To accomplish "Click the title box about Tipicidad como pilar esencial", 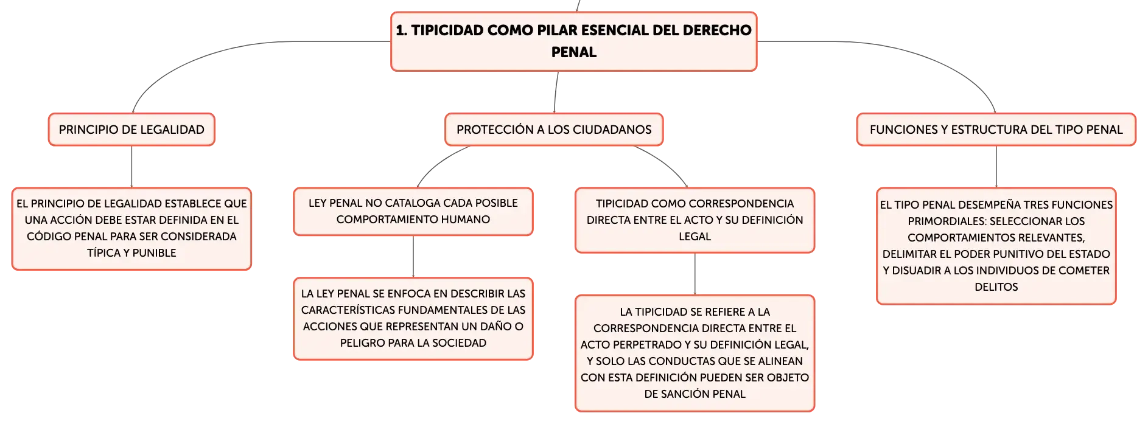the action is (x=573, y=41).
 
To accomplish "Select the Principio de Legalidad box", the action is (x=131, y=130).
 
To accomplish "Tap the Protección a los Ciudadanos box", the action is (x=554, y=130).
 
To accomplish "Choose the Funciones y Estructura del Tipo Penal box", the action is (x=996, y=130).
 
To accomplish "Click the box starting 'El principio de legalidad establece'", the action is (x=131, y=229).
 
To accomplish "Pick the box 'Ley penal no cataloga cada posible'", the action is (x=413, y=212).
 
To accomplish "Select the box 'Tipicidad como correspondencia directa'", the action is (x=695, y=220).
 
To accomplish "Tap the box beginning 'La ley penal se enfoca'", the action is (x=413, y=319).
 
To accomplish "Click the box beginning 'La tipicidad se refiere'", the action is (x=695, y=353).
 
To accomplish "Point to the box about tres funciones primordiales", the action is (x=996, y=246).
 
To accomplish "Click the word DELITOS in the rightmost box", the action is (x=996, y=287).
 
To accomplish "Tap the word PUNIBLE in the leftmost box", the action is (x=154, y=253).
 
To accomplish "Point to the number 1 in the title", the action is (x=401, y=30).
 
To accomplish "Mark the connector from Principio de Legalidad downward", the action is (x=131, y=167).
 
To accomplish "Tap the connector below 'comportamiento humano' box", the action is (x=413, y=257).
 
